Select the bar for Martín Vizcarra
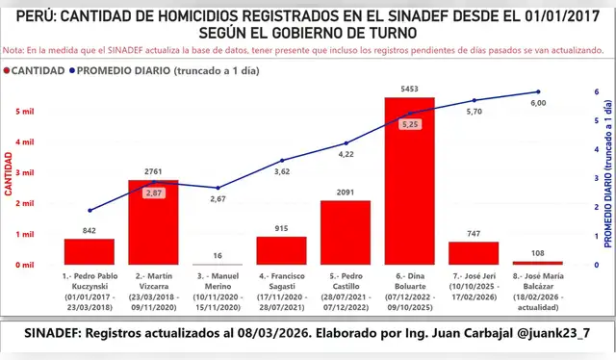(153, 222)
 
